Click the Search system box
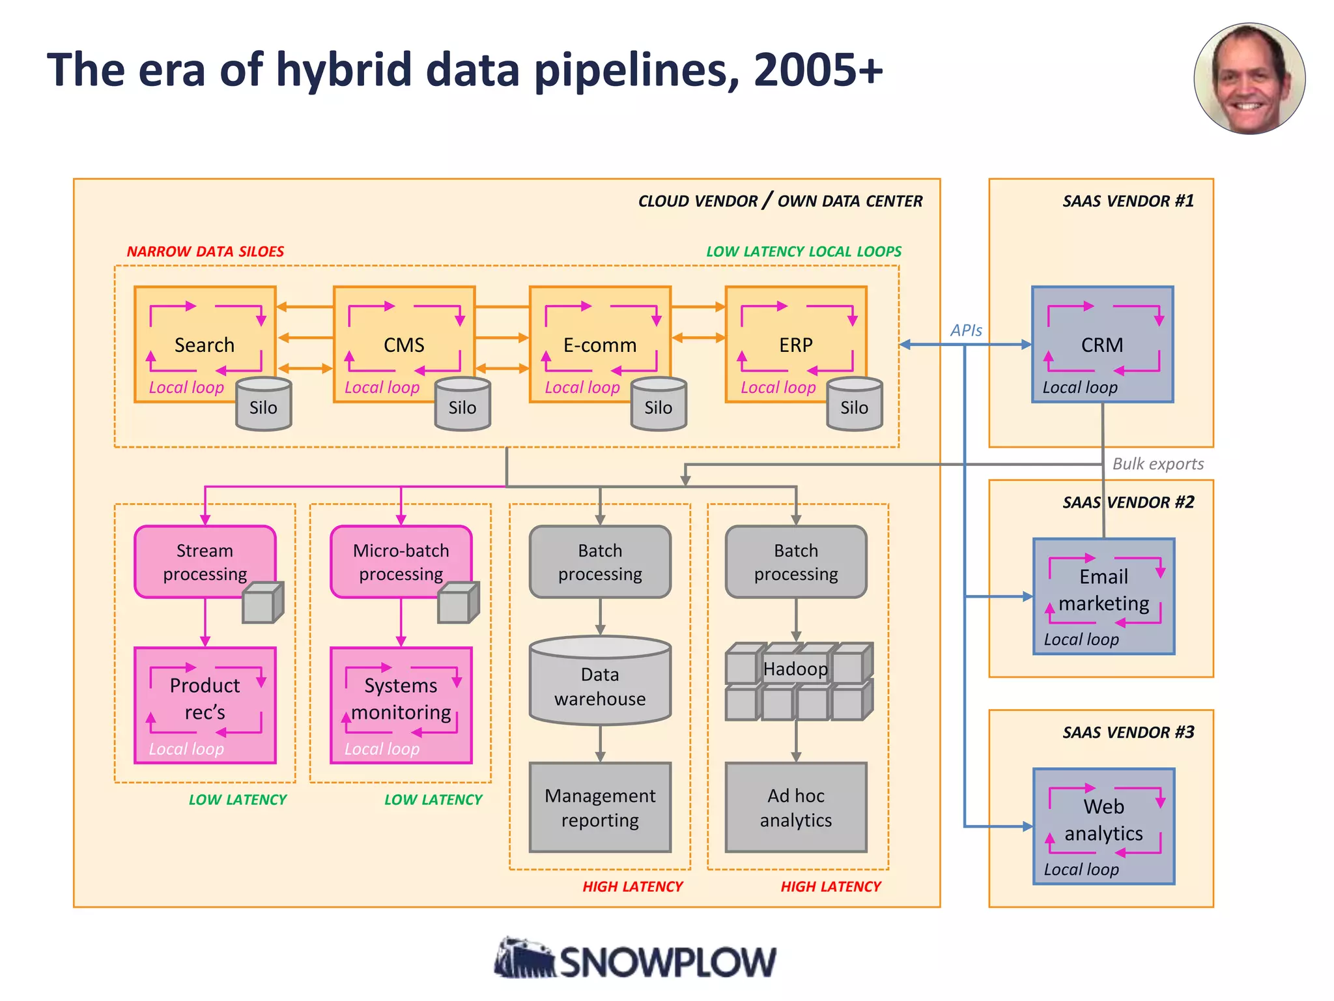(x=205, y=344)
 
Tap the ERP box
(x=795, y=344)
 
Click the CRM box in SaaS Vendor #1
(x=1102, y=344)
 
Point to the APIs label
(x=966, y=330)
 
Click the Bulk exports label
(x=1157, y=464)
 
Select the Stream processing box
(x=205, y=561)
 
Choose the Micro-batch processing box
(x=401, y=561)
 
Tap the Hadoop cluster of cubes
(x=799, y=682)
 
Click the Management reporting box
(x=600, y=807)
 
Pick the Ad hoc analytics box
(x=795, y=807)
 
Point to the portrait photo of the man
(x=1249, y=79)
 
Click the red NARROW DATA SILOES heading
(x=205, y=252)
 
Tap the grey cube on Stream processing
(x=263, y=603)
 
